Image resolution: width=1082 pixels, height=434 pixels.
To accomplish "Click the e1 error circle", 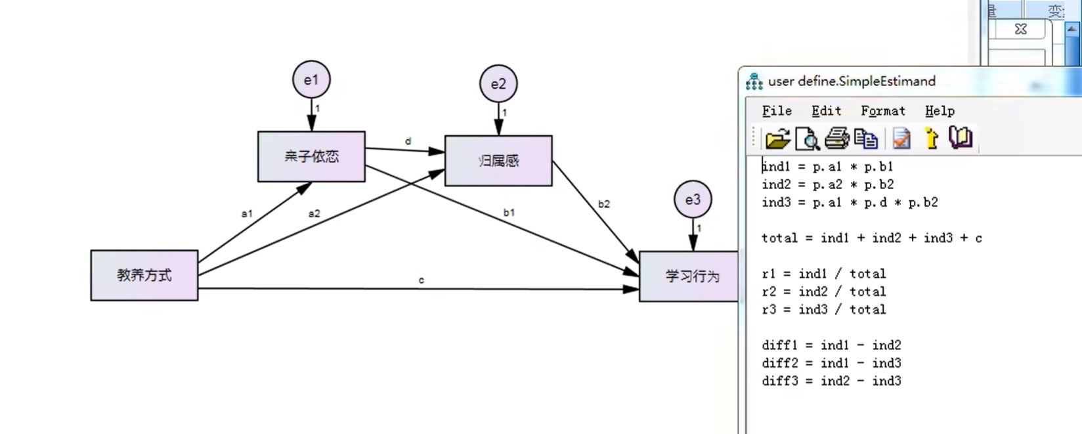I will click(311, 80).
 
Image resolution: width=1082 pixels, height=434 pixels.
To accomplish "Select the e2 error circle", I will click(498, 84).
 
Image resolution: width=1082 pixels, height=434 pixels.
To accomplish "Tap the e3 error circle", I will click(693, 200).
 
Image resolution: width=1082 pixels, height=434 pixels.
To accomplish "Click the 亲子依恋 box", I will click(311, 156).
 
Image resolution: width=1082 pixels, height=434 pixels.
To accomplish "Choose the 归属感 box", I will click(498, 161).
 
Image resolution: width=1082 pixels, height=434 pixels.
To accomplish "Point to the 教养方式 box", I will click(144, 275).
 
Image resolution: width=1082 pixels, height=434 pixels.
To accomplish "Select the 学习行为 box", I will click(689, 276).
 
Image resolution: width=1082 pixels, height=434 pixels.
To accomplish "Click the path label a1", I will click(247, 213).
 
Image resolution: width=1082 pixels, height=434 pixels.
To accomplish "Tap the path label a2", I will click(314, 213).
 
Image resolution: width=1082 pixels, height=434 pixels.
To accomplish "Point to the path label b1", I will click(509, 212).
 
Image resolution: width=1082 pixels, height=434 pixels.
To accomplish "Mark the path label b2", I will click(603, 204).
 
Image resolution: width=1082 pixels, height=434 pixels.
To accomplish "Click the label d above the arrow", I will click(408, 141).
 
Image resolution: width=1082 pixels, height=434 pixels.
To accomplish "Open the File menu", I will click(777, 111).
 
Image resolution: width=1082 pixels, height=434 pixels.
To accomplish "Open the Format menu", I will click(882, 111).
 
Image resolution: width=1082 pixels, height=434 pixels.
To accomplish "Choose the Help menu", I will click(940, 111).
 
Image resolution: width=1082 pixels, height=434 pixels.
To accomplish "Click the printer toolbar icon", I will click(836, 139).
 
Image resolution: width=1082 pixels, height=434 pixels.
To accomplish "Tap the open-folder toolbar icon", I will click(777, 139).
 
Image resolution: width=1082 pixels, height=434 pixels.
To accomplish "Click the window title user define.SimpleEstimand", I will click(852, 81).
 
